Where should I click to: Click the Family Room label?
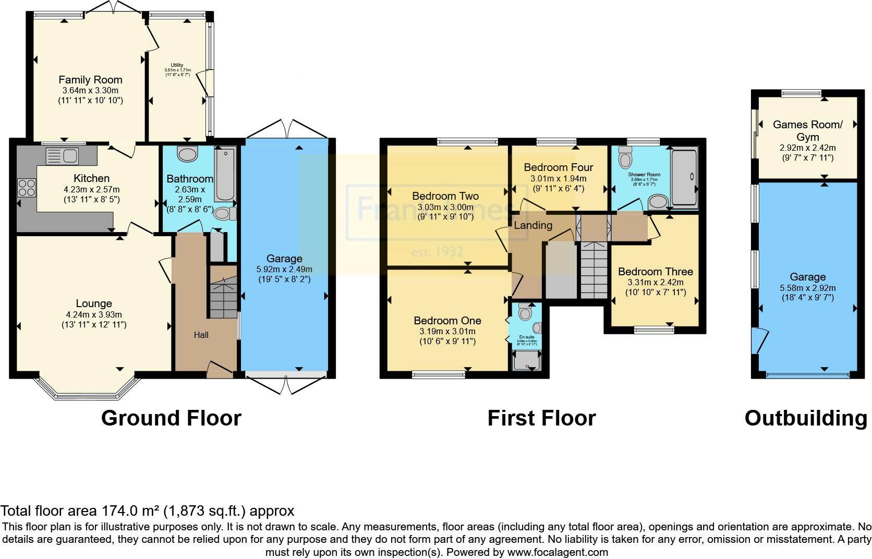pos(90,80)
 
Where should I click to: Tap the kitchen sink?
pos(62,155)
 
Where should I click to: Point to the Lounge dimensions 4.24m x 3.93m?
pos(94,314)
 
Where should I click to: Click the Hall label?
pos(201,335)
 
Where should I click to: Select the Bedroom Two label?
pos(445,196)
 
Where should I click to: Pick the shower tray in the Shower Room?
pos(684,177)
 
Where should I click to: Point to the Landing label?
pos(533,225)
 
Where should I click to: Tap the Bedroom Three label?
pos(656,272)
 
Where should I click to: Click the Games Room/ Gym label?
pos(807,130)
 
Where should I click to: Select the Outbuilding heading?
pos(806,418)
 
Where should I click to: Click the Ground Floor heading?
pos(171,418)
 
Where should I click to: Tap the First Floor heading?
pos(541,418)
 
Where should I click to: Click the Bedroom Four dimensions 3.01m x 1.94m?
pos(559,178)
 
